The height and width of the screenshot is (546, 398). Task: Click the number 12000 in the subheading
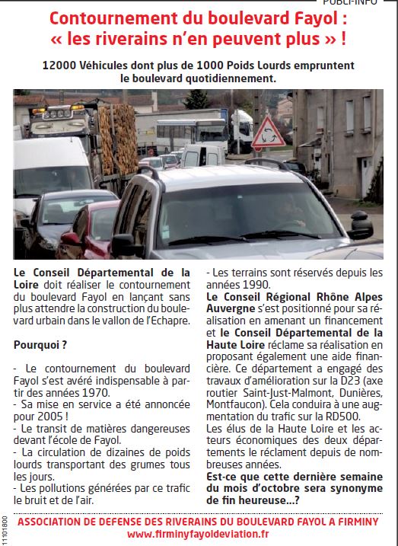(x=62, y=65)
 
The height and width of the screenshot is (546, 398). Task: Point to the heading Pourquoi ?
(x=38, y=344)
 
